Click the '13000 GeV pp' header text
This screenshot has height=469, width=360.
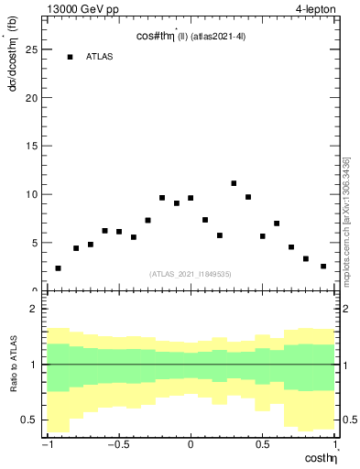(82, 10)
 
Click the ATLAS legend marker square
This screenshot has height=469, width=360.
(70, 57)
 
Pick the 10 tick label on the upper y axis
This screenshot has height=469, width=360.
(28, 194)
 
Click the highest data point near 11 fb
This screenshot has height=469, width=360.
(234, 183)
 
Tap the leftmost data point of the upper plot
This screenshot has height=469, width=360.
(58, 268)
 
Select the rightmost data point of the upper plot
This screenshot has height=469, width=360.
(323, 267)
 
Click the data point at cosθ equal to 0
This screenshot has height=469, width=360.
(191, 198)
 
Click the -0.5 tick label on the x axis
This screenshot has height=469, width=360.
(117, 445)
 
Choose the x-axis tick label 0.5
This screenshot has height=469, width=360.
(263, 445)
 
